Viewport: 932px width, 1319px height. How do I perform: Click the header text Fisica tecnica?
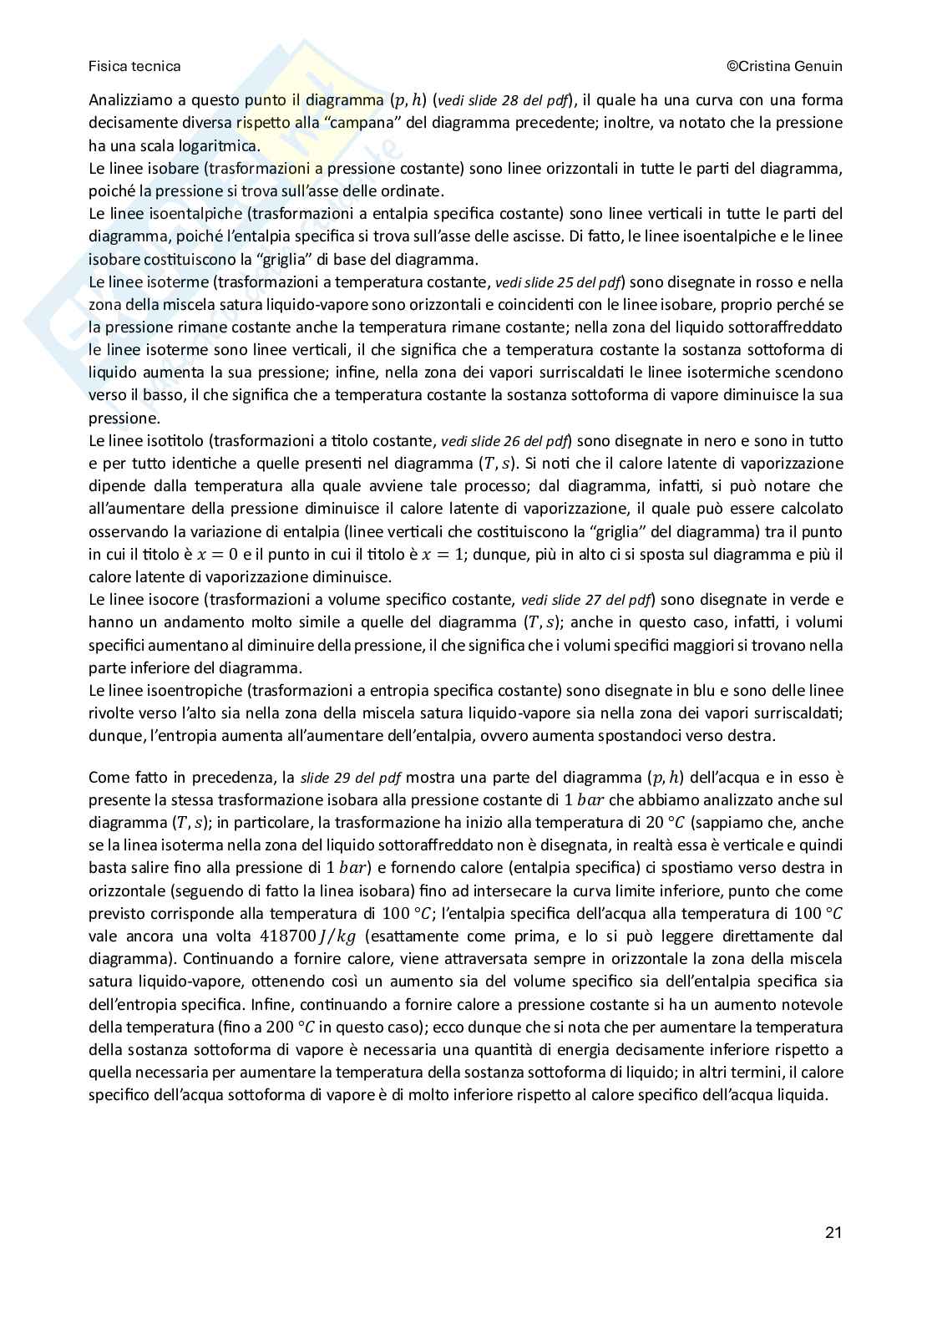(x=134, y=66)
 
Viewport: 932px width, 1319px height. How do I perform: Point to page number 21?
(x=833, y=1233)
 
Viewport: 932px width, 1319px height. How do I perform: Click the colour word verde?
(x=824, y=599)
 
